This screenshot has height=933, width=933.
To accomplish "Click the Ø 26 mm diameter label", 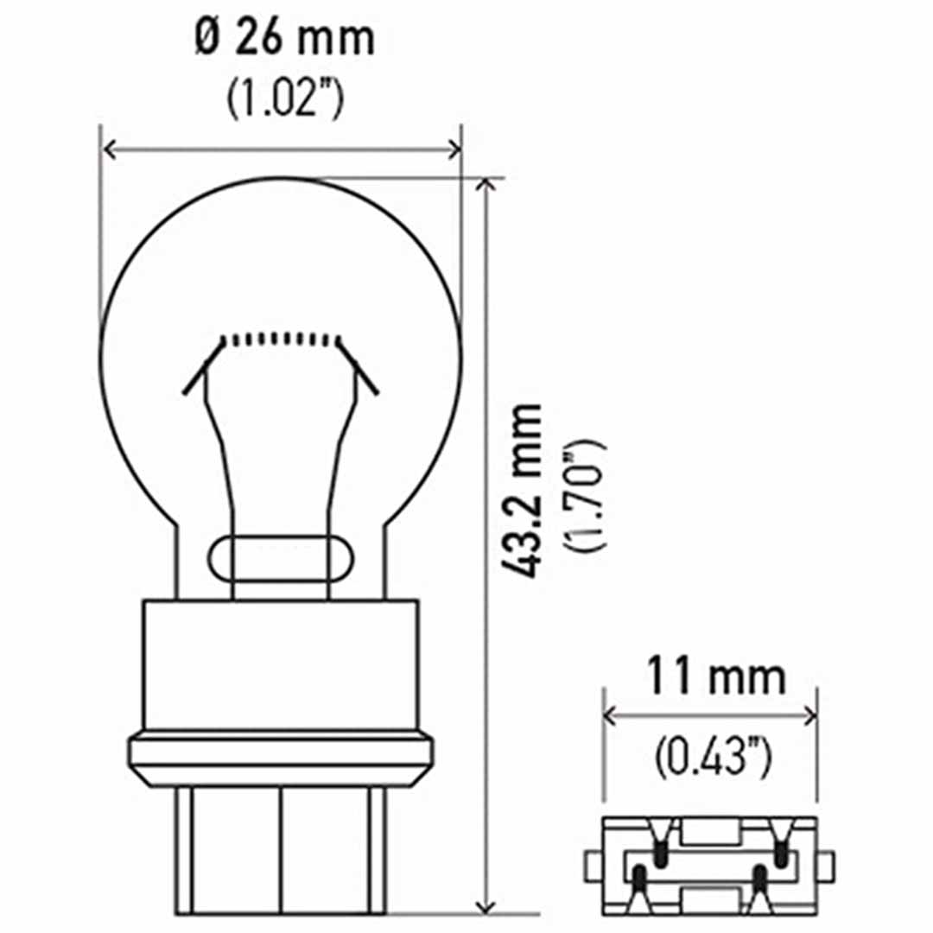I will [x=283, y=39].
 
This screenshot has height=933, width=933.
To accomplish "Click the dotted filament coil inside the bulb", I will [x=281, y=339].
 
